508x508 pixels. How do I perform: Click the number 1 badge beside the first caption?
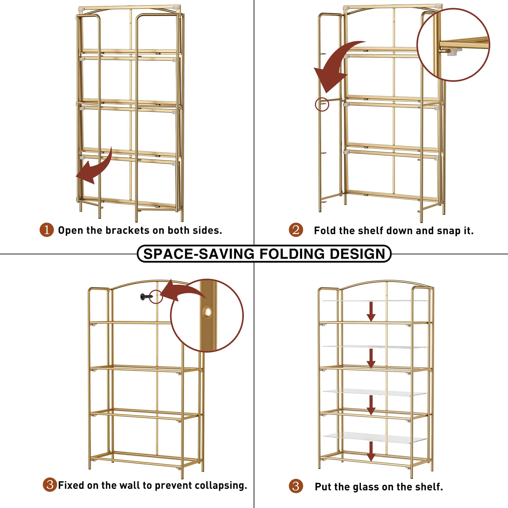coord(46,230)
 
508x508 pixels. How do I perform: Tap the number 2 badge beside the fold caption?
coord(296,230)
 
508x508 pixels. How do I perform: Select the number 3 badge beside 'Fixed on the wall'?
coord(50,485)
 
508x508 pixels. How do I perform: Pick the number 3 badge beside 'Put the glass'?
coord(296,486)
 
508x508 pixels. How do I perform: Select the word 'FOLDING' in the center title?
coord(292,254)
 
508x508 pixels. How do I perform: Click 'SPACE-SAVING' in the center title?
coord(199,254)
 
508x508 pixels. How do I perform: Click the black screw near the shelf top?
coord(146,297)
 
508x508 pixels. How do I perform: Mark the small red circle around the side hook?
coord(322,104)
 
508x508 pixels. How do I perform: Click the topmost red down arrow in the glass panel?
coord(371,312)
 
